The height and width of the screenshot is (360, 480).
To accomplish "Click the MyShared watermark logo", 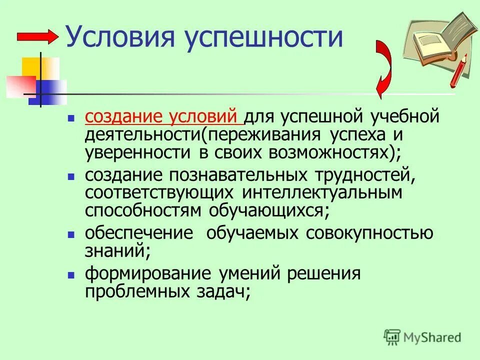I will click(x=422, y=337).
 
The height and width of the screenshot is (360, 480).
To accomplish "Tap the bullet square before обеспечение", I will click(x=71, y=234).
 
